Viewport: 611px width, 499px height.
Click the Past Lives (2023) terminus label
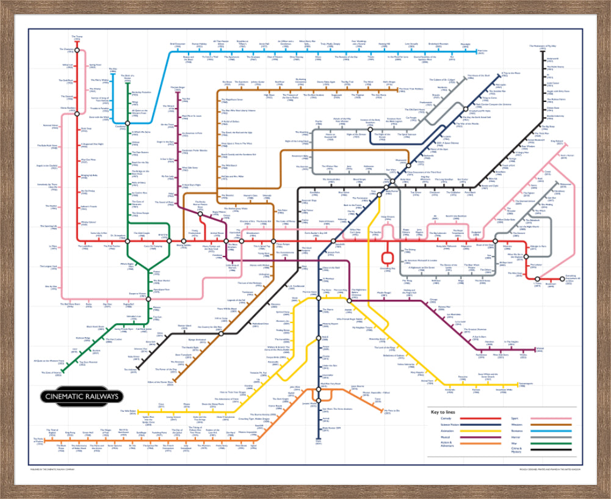click(482, 51)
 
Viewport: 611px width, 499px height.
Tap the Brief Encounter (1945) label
click(177, 45)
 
